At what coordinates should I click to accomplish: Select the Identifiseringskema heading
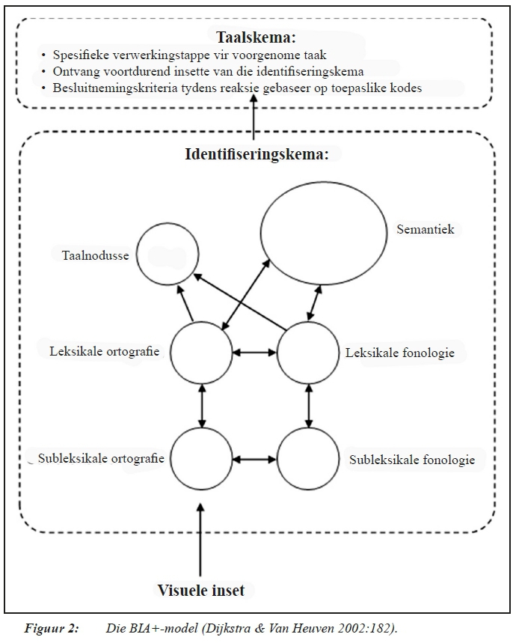click(257, 154)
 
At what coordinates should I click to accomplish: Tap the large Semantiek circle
click(317, 234)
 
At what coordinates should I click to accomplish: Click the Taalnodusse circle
click(168, 255)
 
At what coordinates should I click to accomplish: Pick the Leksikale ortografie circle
click(201, 352)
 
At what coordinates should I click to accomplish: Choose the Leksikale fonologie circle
click(308, 352)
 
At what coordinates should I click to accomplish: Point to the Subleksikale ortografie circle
click(201, 458)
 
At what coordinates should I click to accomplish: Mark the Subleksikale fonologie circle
click(308, 458)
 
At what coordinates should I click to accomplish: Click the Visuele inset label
click(200, 590)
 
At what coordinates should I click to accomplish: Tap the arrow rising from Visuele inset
click(200, 540)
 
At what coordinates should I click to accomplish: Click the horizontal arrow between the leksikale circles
click(254, 352)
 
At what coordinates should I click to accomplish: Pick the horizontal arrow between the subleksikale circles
click(254, 458)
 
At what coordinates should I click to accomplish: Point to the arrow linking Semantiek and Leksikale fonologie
click(316, 302)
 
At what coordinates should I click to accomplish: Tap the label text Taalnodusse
click(95, 255)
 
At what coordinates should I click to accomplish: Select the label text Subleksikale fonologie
click(412, 460)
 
